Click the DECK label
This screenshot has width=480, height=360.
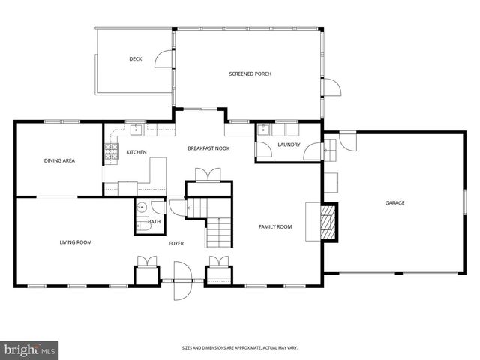tap(135, 58)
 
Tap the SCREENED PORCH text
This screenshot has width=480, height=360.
tap(250, 73)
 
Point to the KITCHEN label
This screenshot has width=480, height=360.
tap(136, 152)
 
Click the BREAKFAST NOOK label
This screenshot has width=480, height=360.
tap(208, 148)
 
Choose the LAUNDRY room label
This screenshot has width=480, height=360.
tap(289, 145)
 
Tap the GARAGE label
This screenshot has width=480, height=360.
tap(395, 203)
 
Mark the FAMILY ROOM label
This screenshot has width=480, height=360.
tap(275, 226)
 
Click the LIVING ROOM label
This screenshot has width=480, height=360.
tap(76, 242)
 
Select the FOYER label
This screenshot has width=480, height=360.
tap(176, 243)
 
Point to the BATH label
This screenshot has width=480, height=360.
tap(154, 221)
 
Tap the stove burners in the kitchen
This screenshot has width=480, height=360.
tap(112, 155)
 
